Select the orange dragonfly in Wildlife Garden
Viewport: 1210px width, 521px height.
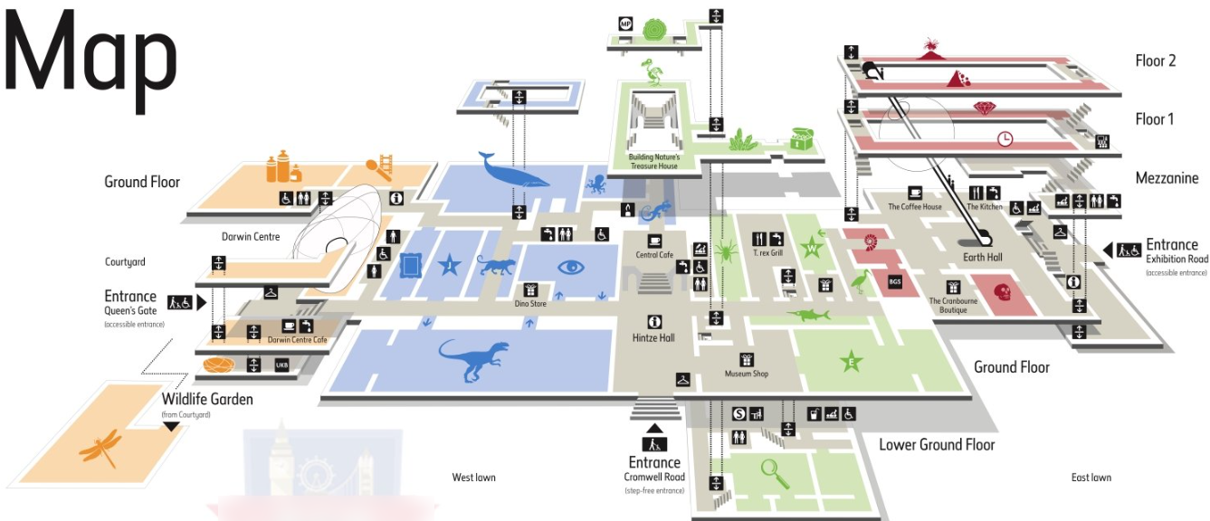pyautogui.click(x=100, y=446)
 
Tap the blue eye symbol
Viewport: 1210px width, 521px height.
pyautogui.click(x=571, y=267)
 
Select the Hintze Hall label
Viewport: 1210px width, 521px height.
pyautogui.click(x=653, y=337)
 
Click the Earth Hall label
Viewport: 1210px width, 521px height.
pyautogui.click(x=982, y=258)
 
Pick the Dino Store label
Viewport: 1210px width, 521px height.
pyautogui.click(x=531, y=304)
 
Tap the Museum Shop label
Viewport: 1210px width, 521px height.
pyautogui.click(x=747, y=373)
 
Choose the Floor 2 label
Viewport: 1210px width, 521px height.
pyautogui.click(x=1155, y=62)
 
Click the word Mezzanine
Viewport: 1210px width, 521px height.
pyautogui.click(x=1167, y=178)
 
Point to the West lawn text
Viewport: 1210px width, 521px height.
pyautogui.click(x=473, y=478)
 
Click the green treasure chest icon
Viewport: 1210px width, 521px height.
pyautogui.click(x=802, y=137)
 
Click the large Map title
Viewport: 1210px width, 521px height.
pyautogui.click(x=91, y=59)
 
